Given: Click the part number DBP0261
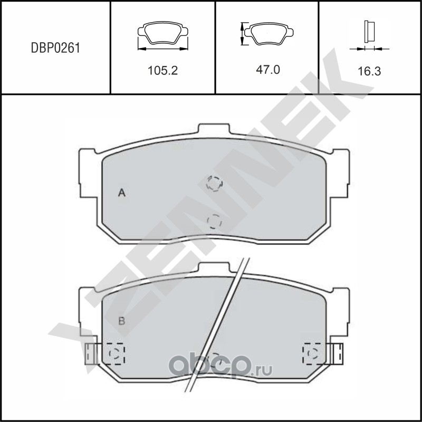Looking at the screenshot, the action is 55,48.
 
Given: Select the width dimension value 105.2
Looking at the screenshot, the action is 162,71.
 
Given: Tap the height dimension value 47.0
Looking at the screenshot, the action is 268,70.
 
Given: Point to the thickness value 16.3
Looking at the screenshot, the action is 369,71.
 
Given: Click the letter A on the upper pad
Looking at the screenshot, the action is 122,193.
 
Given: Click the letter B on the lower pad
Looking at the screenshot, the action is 122,321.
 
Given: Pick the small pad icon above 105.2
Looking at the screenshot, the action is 163,33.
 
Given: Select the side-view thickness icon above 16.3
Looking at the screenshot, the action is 369,32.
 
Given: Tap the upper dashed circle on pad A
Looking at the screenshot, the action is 214,184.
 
